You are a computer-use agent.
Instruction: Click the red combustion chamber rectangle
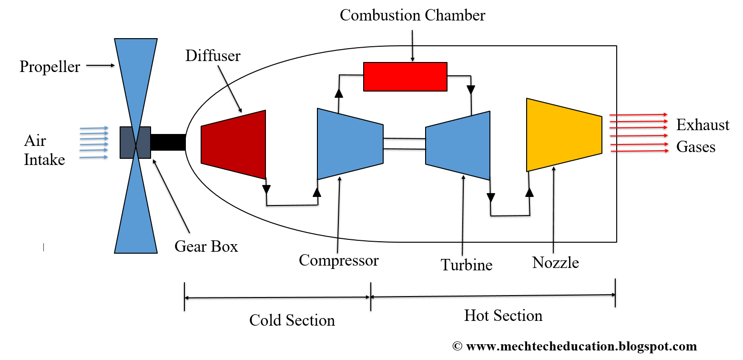point(405,76)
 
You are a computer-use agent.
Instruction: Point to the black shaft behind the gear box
point(168,142)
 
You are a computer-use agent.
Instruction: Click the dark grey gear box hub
point(135,142)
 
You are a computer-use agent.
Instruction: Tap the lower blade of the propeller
point(136,215)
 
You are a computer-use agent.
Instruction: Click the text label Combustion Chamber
point(412,15)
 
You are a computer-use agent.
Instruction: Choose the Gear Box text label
point(206,247)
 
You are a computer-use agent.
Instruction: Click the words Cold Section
point(292,320)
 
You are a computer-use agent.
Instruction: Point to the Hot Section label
point(503,316)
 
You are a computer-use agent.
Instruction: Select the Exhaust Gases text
point(702,136)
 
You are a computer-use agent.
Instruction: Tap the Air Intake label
point(44,150)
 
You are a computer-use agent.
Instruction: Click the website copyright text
point(574,347)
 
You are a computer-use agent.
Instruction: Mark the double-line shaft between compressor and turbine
point(404,144)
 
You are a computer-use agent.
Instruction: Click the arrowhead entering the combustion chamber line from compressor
point(339,93)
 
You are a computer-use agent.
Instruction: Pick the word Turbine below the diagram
point(466,265)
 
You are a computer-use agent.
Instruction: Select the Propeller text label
point(50,67)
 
